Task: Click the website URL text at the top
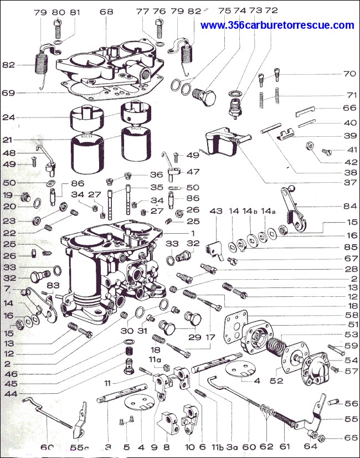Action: tap(277, 25)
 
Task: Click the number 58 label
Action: tap(349, 315)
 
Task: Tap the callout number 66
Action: tap(349, 108)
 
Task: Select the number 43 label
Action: tap(215, 211)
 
